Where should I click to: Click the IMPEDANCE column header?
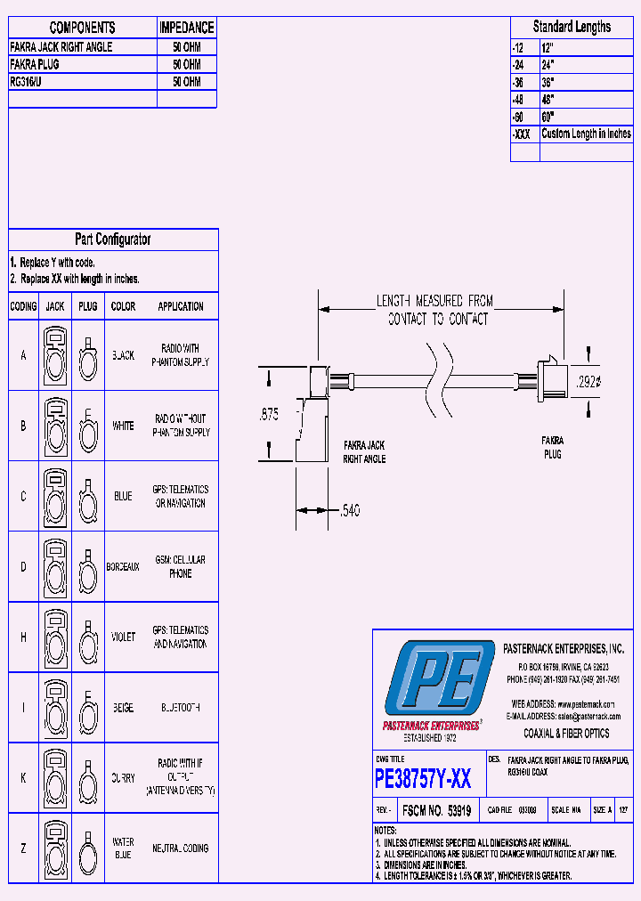click(186, 28)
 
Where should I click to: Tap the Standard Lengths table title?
click(572, 27)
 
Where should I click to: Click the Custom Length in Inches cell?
click(586, 134)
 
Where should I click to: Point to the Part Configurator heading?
click(112, 239)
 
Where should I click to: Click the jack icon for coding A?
click(55, 354)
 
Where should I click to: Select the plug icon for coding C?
click(87, 496)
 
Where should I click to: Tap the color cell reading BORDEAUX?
click(123, 566)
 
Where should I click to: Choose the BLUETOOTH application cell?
click(181, 708)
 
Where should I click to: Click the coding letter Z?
click(23, 848)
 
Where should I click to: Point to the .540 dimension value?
click(350, 511)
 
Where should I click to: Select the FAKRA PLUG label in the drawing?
click(552, 447)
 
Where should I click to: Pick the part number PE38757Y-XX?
click(423, 780)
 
